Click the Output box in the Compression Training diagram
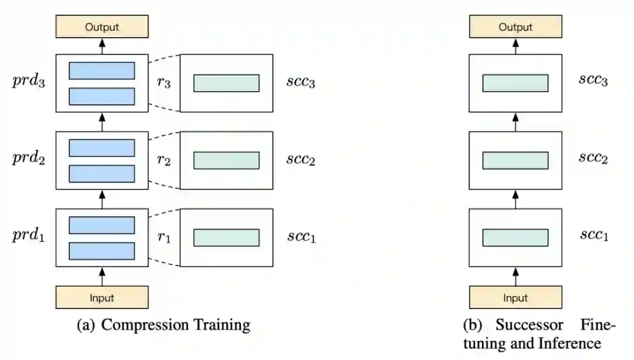pos(102,27)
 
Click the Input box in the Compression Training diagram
pos(102,297)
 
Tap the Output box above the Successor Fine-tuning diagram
pos(515,27)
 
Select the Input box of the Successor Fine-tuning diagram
pos(515,297)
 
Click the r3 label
pos(164,83)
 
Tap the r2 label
pos(164,160)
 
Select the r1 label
pos(164,237)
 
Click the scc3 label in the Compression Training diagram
pos(301,82)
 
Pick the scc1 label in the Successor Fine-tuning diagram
pos(593,236)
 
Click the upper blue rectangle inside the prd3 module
pos(102,70)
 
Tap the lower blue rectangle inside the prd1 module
pos(102,251)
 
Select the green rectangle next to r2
pos(226,160)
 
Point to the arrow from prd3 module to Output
pos(102,46)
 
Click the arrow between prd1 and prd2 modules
pos(102,199)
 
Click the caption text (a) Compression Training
pos(164,325)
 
